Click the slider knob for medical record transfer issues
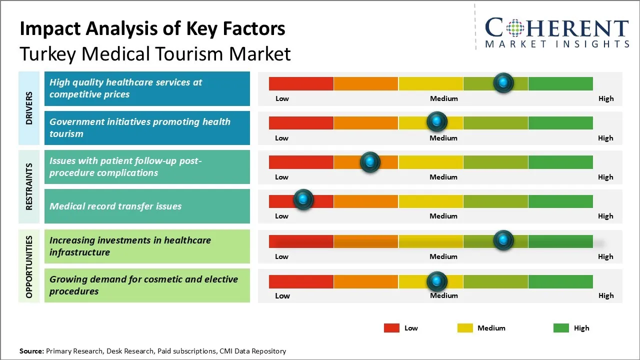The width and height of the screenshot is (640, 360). tap(303, 199)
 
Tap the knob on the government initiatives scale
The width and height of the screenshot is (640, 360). tap(437, 121)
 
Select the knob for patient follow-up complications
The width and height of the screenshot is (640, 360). tap(370, 162)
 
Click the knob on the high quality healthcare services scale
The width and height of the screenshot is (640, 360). tap(503, 82)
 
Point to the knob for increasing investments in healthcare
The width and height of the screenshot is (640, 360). tap(503, 240)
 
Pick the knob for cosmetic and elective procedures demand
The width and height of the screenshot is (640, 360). tap(437, 281)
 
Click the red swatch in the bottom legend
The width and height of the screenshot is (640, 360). tap(391, 328)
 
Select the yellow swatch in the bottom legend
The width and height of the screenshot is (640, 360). tap(465, 328)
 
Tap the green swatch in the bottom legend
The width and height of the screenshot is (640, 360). tap(561, 328)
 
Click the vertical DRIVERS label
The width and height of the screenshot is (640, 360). tap(29, 108)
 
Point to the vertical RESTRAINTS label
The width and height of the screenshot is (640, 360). tap(29, 186)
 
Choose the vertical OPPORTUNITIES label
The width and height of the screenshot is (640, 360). tap(29, 267)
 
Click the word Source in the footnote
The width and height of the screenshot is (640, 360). tap(31, 351)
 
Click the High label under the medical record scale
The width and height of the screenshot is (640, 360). tap(605, 216)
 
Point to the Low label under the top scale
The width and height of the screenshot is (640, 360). tap(282, 98)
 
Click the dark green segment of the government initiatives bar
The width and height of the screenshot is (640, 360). tap(560, 122)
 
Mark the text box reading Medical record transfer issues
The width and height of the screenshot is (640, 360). tap(147, 206)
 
